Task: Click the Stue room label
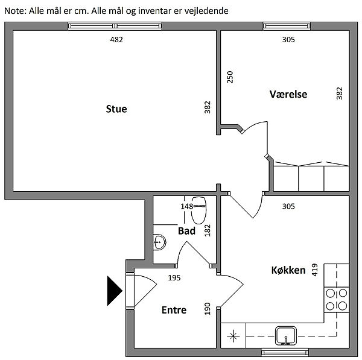click(116, 109)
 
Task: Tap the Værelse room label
click(288, 94)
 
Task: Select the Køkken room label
click(288, 270)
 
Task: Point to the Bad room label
click(186, 231)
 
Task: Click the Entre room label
click(174, 310)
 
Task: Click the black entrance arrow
click(114, 291)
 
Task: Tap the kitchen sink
click(285, 336)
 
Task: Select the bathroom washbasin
click(159, 242)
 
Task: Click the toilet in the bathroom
click(198, 210)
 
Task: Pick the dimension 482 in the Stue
click(116, 40)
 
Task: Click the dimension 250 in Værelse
click(230, 77)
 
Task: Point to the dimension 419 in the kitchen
click(315, 270)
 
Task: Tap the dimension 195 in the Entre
click(174, 277)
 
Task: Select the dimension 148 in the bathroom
click(187, 206)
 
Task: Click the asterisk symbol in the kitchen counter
click(233, 336)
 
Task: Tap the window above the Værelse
click(287, 26)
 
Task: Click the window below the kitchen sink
click(285, 353)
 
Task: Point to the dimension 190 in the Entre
click(208, 309)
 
